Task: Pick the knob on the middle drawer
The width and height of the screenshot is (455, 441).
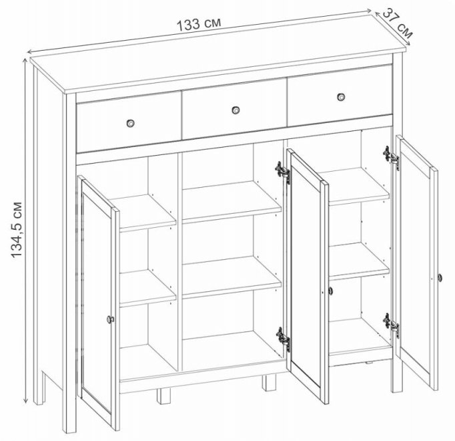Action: click(x=235, y=110)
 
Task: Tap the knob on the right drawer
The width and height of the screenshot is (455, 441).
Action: click(x=341, y=97)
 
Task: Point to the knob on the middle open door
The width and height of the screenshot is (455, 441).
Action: click(x=330, y=291)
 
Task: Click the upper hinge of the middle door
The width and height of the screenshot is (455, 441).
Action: click(x=284, y=172)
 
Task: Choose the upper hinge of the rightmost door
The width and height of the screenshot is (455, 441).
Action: click(x=391, y=157)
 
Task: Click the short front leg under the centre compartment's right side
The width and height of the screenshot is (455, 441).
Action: click(x=269, y=383)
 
